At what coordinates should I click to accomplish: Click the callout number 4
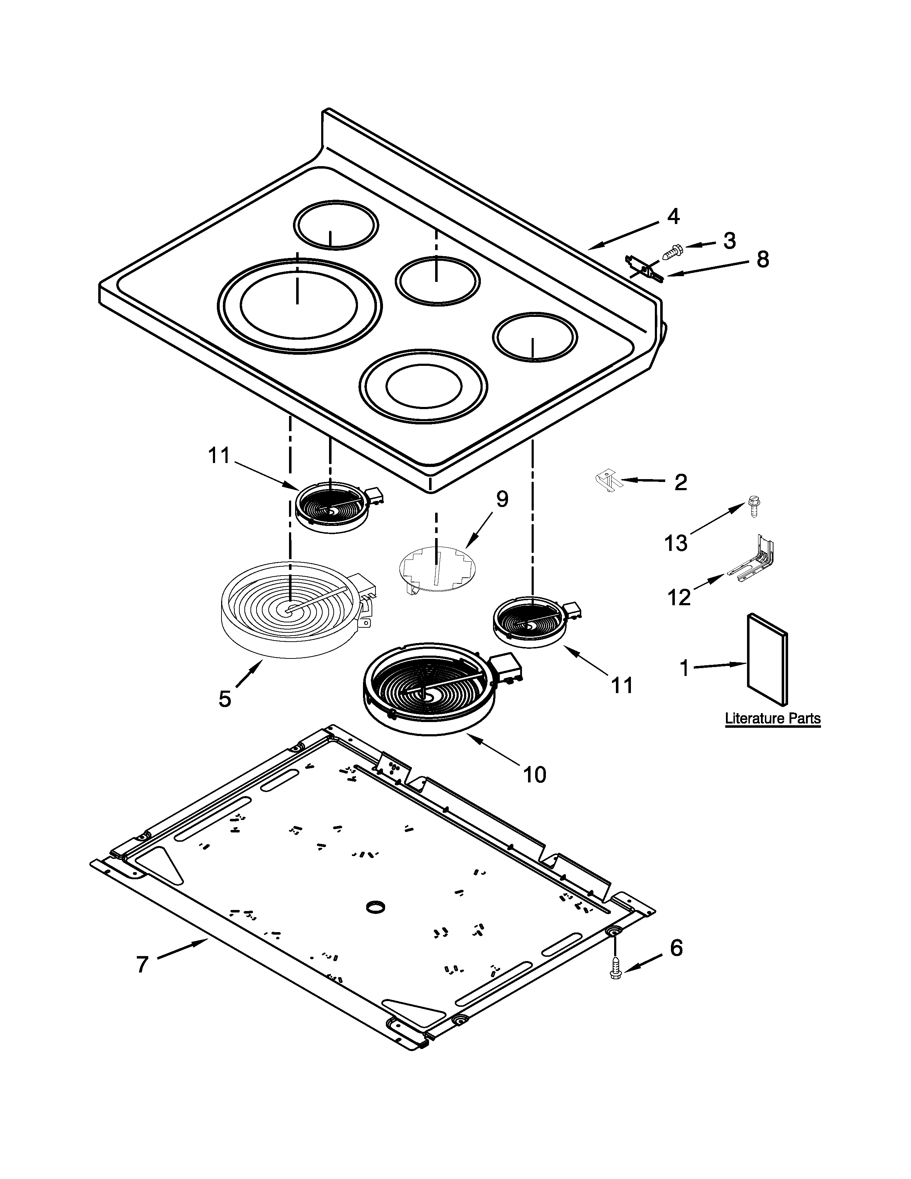point(672,217)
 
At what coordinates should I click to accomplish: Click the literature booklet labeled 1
point(766,658)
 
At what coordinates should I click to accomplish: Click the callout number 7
point(142,964)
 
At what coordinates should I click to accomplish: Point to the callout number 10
point(534,775)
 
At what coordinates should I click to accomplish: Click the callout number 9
point(502,499)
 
